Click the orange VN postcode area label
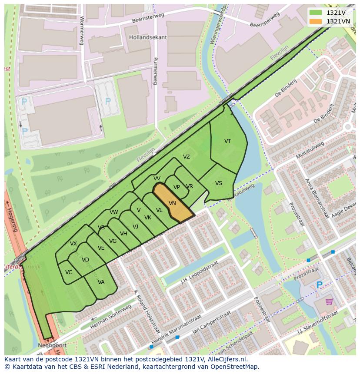tap(172, 203)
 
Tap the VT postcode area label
tap(227, 141)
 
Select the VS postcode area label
tap(218, 183)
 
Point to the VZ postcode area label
tap(186, 157)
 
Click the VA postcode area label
tap(101, 282)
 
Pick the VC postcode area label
tap(69, 272)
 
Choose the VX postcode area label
tap(73, 244)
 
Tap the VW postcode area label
tap(114, 212)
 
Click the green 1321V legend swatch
tap(316, 13)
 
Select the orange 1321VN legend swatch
tap(316, 21)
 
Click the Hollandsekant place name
tap(148, 37)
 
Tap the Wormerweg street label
tap(81, 31)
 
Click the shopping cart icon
tap(329, 301)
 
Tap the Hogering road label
tap(12, 219)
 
